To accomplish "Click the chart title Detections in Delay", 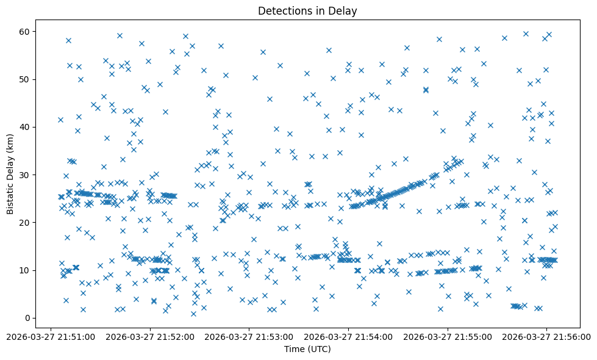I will [307, 11].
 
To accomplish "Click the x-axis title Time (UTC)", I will [307, 349].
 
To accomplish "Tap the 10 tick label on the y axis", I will [25, 270].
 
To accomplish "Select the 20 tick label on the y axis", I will [25, 223].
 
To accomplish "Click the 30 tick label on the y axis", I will [25, 175].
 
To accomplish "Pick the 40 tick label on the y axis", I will [25, 127].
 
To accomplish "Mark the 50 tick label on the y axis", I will [25, 79].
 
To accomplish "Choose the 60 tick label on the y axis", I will [25, 32].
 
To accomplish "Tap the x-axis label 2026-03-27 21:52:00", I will [150, 336].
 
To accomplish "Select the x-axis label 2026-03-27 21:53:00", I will [249, 336].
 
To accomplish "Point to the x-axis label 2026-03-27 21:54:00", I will [349, 336].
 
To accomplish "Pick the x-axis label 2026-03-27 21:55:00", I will [448, 336].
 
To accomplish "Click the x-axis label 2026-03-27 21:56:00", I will [547, 336].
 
